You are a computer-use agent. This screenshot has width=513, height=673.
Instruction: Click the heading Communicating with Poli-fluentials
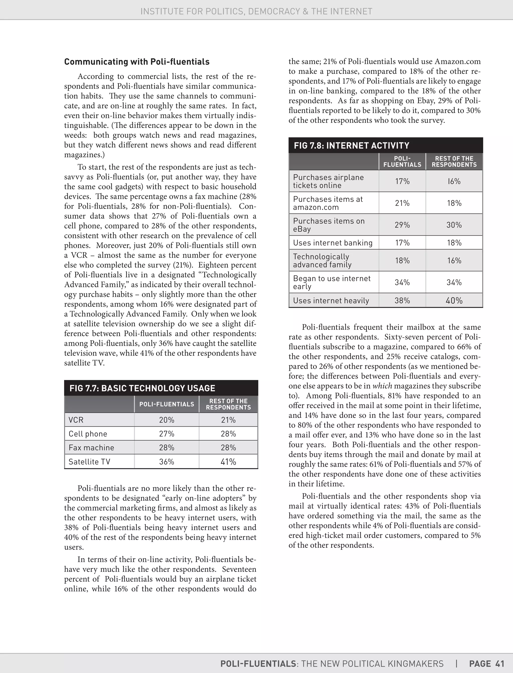137,62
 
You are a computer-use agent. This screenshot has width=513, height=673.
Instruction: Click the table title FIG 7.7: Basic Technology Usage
142,388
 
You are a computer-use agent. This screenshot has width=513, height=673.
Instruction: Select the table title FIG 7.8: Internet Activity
351,145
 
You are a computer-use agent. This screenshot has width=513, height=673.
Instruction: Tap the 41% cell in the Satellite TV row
228,462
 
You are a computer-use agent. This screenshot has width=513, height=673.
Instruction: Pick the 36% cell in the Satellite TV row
166,462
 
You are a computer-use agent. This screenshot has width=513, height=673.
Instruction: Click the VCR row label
76,420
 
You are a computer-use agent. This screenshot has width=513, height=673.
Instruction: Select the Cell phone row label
88,434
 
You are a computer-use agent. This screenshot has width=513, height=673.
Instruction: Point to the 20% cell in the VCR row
166,420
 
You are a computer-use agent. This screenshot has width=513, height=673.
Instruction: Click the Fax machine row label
91,448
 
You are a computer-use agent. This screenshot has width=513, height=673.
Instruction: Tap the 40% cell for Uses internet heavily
454,301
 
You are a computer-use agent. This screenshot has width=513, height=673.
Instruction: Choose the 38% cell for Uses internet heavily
402,301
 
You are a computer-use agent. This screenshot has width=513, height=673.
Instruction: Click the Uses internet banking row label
333,243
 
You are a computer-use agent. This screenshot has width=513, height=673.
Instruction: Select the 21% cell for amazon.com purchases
402,203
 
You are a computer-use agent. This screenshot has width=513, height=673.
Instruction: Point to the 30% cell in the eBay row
454,225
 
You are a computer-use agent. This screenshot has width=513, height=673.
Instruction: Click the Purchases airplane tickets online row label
328,181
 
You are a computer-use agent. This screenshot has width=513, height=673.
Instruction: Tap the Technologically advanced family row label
322,261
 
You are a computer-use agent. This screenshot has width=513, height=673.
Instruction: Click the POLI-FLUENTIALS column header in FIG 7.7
166,404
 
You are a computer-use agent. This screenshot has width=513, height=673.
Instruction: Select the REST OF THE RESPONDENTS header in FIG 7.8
454,161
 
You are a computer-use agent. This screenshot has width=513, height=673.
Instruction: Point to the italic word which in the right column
382,386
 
